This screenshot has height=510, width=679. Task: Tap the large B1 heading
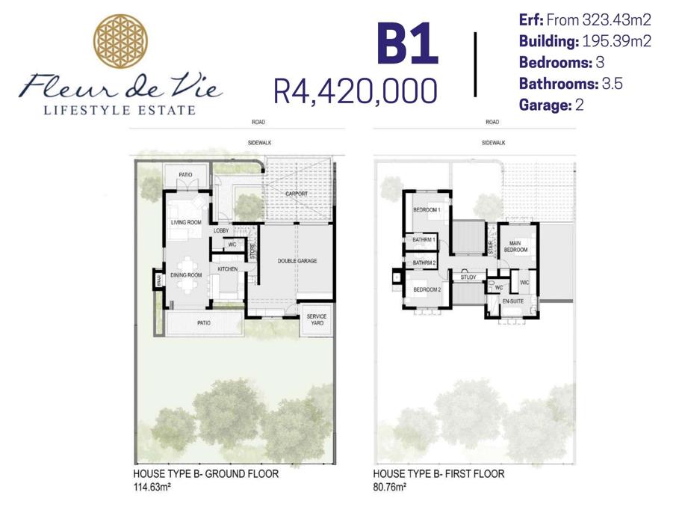407,44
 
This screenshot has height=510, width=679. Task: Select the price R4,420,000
356,91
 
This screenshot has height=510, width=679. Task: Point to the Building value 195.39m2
617,41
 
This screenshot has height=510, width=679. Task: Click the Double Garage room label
297,261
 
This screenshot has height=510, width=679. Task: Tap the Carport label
297,194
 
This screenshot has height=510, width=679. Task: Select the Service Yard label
317,319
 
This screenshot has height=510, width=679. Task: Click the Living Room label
186,223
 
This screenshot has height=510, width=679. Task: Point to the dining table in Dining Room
187,275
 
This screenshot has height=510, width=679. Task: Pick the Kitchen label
228,269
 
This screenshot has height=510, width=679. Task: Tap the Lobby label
221,231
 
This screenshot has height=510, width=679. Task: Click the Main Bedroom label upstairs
515,247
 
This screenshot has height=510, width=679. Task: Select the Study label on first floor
468,277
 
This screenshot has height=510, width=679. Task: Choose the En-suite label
513,301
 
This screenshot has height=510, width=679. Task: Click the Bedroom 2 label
427,289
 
